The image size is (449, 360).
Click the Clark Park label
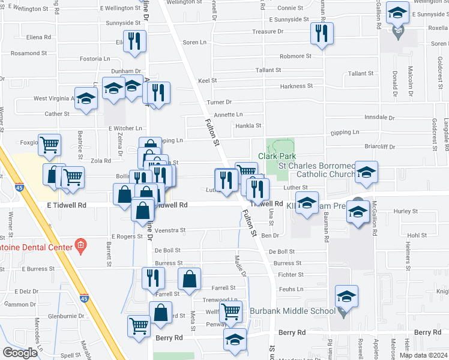click(x=277, y=156)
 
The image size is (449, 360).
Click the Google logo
click(x=20, y=353)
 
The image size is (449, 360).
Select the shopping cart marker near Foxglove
click(x=50, y=143)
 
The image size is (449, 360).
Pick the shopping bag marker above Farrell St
click(x=190, y=278)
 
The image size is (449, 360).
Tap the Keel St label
click(x=207, y=80)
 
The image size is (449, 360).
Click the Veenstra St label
click(x=170, y=230)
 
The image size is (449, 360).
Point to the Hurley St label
click(x=406, y=211)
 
